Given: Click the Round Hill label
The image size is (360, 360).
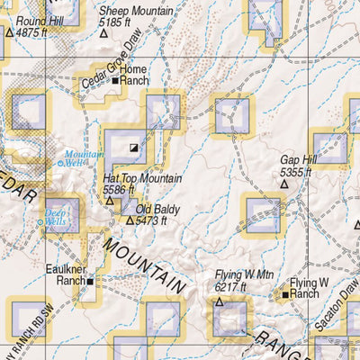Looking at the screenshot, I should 37,20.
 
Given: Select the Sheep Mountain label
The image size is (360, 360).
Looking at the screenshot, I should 138,10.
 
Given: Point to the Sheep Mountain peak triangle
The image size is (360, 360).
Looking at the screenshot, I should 103,33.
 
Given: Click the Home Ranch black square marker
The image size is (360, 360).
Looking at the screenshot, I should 115,81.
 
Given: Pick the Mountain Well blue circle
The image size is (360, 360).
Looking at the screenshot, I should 60,163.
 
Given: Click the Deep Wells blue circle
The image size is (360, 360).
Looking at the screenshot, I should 40,221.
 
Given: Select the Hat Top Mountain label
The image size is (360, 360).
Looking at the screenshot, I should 142,179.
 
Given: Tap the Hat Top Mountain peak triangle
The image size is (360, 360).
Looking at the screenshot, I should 111,200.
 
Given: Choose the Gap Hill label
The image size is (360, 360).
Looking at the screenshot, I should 299,159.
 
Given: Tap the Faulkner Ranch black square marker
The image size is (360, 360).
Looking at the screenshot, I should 91,281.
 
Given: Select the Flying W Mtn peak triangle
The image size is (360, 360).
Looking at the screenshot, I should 219,301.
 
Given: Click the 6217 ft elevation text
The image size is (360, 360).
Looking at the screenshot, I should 230,287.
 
